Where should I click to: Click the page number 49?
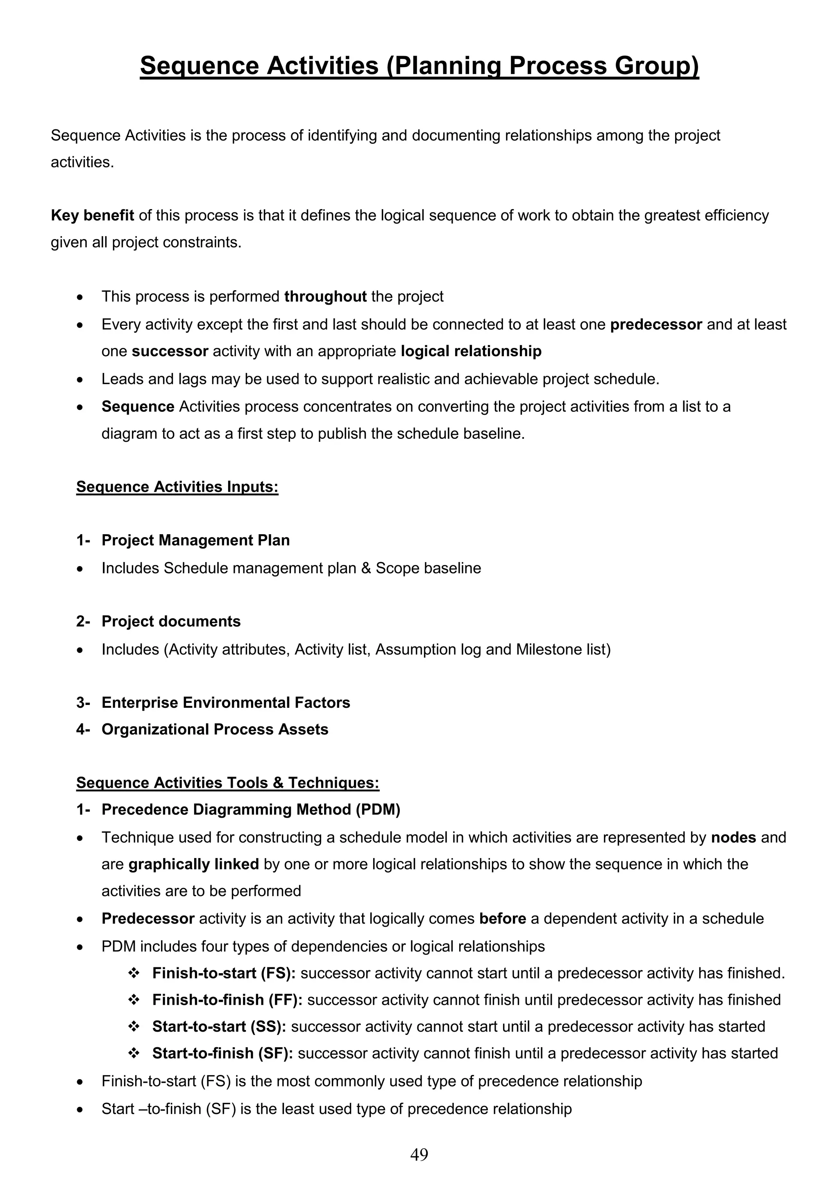(x=419, y=1154)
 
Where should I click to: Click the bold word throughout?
(x=325, y=296)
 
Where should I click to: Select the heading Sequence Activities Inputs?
(x=177, y=487)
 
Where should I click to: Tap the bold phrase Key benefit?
(x=93, y=215)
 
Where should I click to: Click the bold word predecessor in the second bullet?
(x=655, y=324)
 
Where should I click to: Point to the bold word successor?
(x=170, y=351)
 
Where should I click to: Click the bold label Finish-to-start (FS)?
(x=224, y=973)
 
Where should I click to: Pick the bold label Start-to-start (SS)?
(x=219, y=1026)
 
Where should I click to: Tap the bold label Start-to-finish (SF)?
(x=222, y=1053)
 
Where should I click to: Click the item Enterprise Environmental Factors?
(x=225, y=703)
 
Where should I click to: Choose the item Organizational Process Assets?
(x=215, y=730)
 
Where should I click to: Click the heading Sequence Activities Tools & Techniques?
(x=227, y=783)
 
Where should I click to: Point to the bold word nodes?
(x=733, y=837)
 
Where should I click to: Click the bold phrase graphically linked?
(x=193, y=864)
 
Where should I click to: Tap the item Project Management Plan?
(x=195, y=540)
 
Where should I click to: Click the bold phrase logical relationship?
(x=471, y=351)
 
